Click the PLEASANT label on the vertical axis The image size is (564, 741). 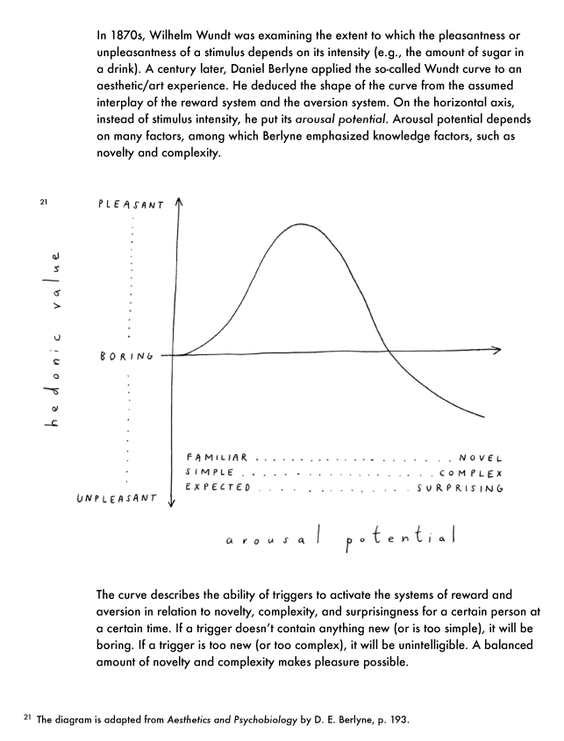pos(132,204)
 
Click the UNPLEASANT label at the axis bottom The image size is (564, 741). pos(117,498)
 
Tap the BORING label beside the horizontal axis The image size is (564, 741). pos(127,356)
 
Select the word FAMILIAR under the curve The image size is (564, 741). pos(218,458)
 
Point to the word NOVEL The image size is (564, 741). pos(480,458)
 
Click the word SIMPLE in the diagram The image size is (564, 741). pos(209,473)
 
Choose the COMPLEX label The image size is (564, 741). pos(470,473)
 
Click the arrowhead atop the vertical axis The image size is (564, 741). pos(178,202)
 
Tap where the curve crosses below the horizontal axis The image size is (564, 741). pos(388,353)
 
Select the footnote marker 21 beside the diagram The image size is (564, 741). pos(43,203)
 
